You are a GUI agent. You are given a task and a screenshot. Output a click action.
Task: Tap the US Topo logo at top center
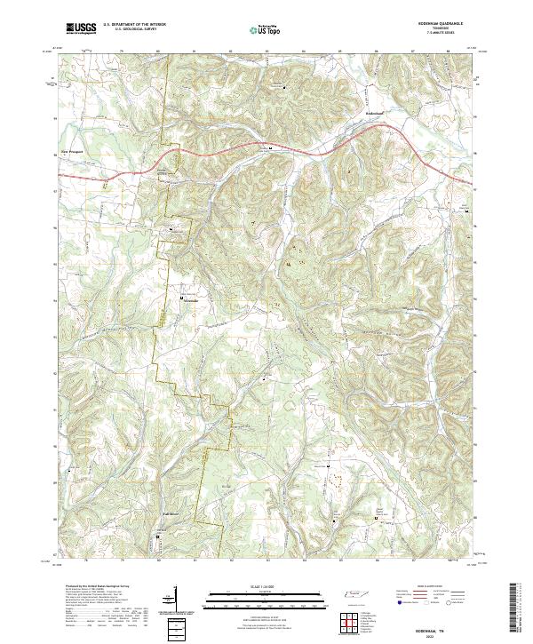pos(266,29)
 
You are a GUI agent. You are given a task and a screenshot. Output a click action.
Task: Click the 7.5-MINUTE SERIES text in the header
pos(442,34)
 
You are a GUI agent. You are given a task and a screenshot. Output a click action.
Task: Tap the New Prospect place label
pos(70,151)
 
